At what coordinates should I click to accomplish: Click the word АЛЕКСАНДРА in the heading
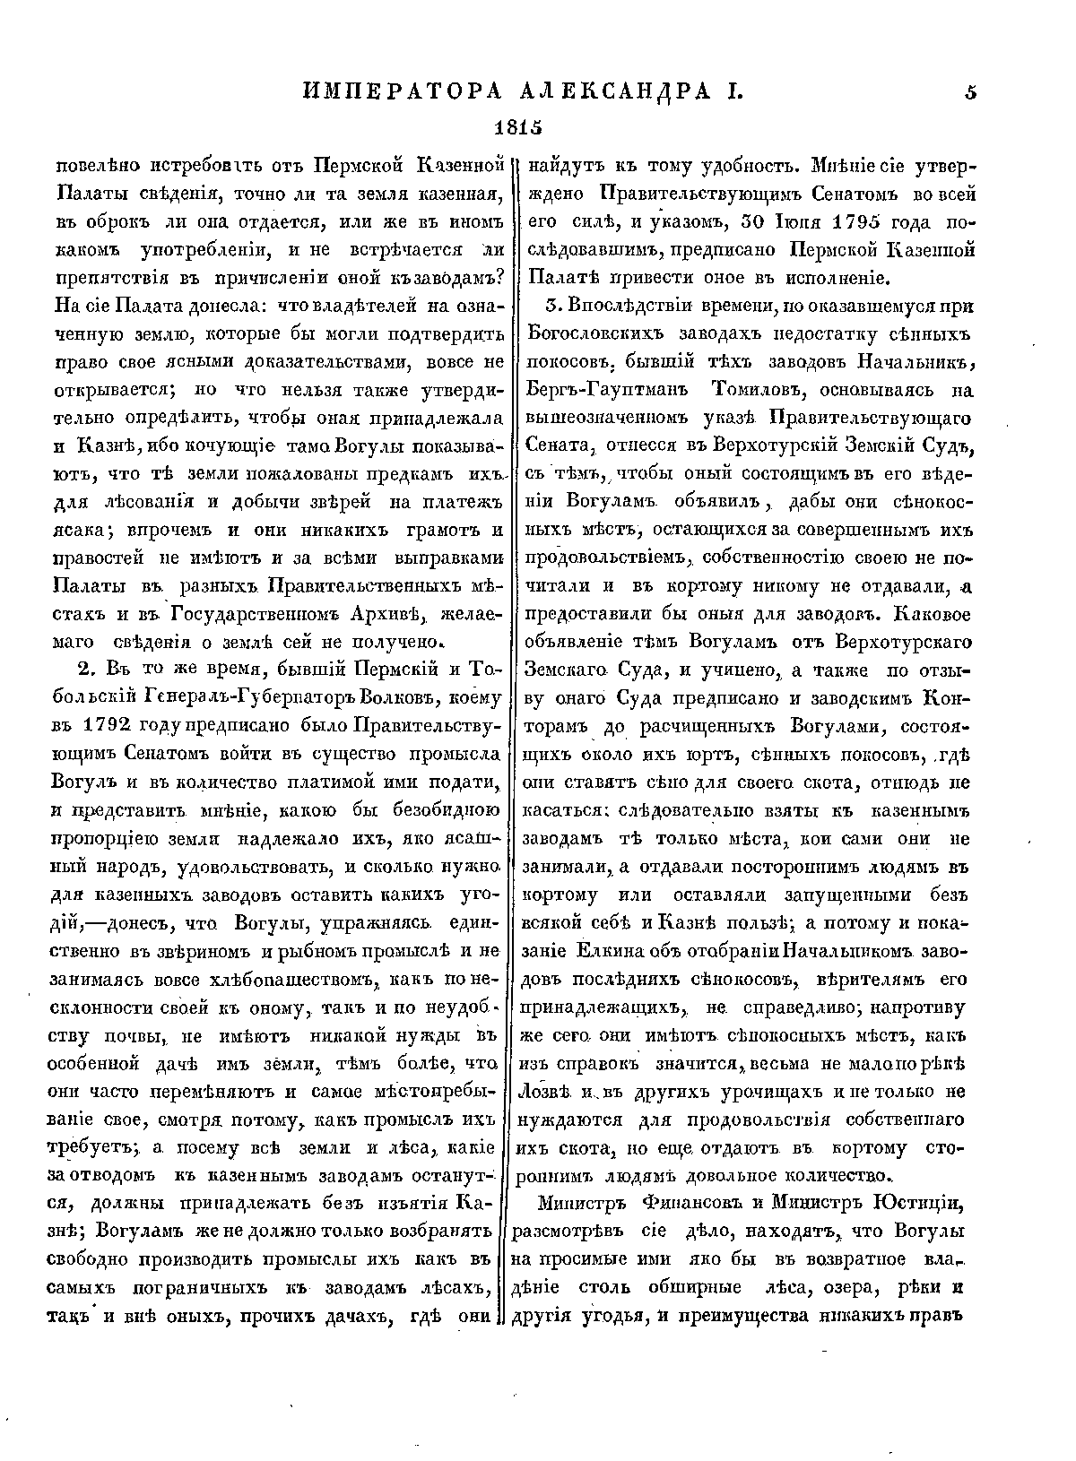pyautogui.click(x=606, y=91)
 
